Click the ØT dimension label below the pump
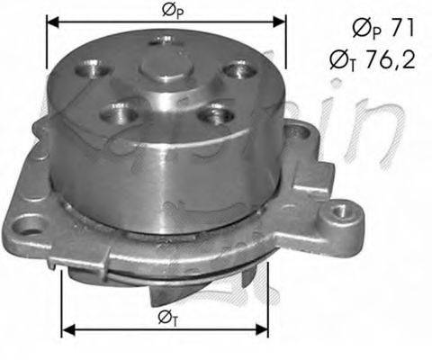coord(167,318)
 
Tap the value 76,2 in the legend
coord(389,61)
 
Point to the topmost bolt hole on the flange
coord(166,40)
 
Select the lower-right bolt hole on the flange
coord(211,115)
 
